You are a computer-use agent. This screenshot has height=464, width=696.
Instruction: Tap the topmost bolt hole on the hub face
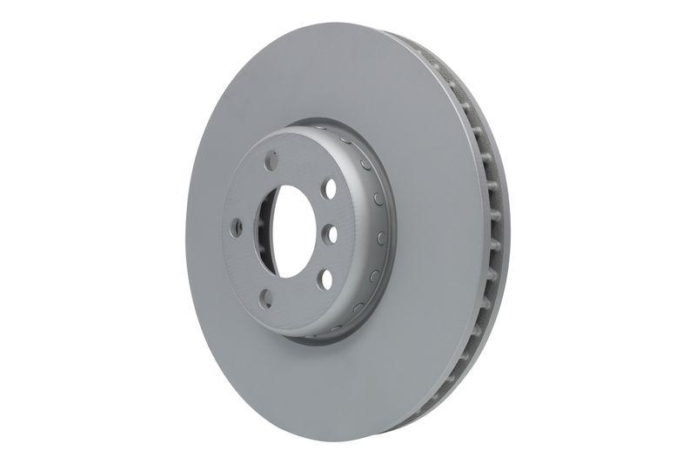[x=271, y=162]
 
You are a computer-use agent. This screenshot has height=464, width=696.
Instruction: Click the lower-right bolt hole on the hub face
[x=324, y=279]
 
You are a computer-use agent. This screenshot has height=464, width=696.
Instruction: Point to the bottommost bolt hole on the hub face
[x=266, y=298]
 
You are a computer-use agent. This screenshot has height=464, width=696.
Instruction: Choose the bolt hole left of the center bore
[x=237, y=227]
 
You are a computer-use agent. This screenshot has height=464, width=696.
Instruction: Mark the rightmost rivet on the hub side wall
[x=383, y=236]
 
